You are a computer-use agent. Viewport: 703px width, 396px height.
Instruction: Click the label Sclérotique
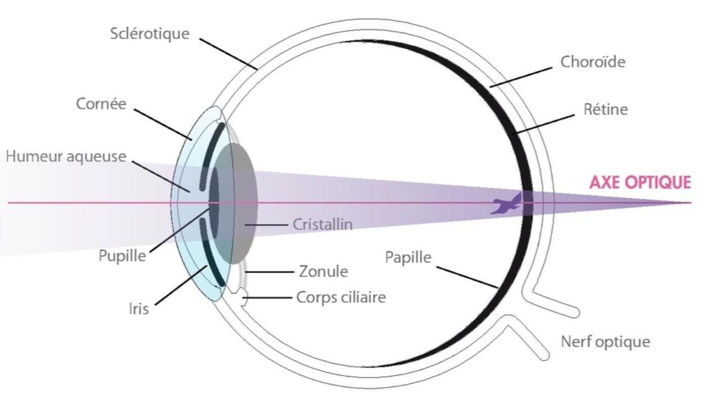coord(150,34)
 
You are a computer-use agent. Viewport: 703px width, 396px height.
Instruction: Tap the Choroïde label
coord(593,62)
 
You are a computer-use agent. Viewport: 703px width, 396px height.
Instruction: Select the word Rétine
coord(605,109)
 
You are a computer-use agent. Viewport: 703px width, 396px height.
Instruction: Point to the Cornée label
coord(101,104)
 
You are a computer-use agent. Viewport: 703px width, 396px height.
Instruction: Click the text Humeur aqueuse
coord(66,157)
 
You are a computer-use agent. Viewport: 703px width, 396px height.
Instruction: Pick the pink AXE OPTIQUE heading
coord(640,183)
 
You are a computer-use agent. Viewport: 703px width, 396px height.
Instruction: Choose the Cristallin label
coord(322,224)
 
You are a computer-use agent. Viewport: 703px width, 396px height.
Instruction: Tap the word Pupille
coord(122,256)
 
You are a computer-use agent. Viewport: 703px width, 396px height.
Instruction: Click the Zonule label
coord(323,272)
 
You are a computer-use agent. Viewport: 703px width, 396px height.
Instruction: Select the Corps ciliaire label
coord(341,298)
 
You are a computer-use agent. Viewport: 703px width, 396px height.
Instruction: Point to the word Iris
coord(139,309)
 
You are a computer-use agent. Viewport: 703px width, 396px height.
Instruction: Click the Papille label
coord(408,258)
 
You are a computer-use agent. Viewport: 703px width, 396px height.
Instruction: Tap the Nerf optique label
coord(605,342)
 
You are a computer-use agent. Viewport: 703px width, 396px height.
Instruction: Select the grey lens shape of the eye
coord(236,204)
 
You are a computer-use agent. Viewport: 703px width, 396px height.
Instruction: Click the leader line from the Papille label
coord(467,277)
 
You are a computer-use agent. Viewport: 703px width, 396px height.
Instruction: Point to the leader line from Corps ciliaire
coord(267,298)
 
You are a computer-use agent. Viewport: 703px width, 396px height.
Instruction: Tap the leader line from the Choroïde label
coord(521,77)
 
